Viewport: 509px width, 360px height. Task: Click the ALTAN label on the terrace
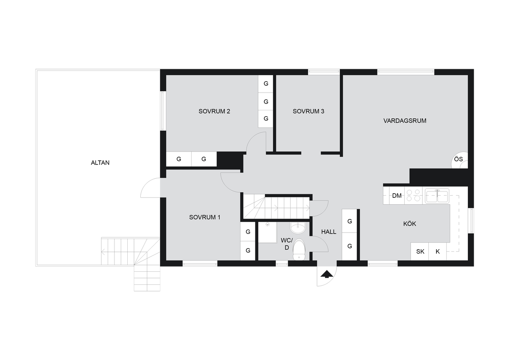[100, 163]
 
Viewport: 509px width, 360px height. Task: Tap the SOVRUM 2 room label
[214, 111]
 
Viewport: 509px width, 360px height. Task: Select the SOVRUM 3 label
[308, 111]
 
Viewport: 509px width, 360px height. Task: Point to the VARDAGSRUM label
[405, 121]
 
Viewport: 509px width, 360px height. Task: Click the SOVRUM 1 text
[205, 217]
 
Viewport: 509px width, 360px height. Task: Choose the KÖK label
[409, 224]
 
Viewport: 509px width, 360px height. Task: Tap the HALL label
[329, 232]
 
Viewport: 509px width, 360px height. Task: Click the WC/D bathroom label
[287, 244]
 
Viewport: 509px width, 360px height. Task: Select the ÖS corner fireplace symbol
[459, 160]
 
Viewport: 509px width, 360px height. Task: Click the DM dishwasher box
[397, 196]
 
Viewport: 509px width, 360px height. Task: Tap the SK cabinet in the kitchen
[420, 251]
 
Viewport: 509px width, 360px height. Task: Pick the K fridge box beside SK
[437, 251]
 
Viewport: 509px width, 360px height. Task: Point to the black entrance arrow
[327, 274]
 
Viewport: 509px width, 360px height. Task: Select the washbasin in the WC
[298, 228]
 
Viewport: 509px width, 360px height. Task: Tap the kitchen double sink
[437, 196]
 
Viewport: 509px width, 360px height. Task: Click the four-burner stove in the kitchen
[413, 196]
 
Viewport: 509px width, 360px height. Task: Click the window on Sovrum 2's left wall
[163, 111]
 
